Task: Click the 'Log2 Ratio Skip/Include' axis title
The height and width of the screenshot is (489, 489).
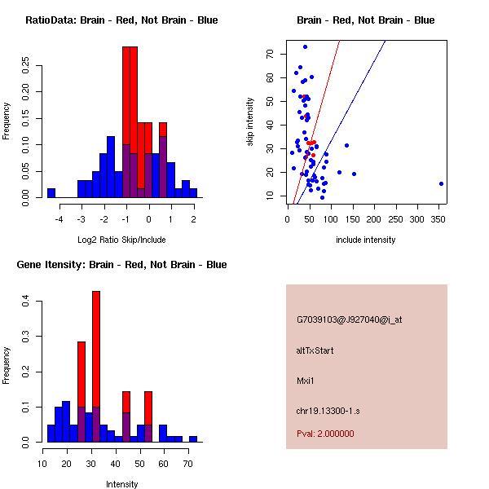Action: pyautogui.click(x=121, y=240)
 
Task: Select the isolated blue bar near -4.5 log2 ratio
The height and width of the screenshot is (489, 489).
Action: pyautogui.click(x=51, y=193)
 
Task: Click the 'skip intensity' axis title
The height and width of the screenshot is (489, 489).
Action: pyautogui.click(x=251, y=122)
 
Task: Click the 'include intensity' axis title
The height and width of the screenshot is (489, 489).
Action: pyautogui.click(x=366, y=240)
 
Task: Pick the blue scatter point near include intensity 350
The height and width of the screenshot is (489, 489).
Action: pyautogui.click(x=441, y=183)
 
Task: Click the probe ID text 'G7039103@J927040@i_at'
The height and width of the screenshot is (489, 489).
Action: pyautogui.click(x=349, y=319)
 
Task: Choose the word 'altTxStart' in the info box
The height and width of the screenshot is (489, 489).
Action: pyautogui.click(x=315, y=350)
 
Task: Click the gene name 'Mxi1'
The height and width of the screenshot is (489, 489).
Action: pyautogui.click(x=306, y=380)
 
